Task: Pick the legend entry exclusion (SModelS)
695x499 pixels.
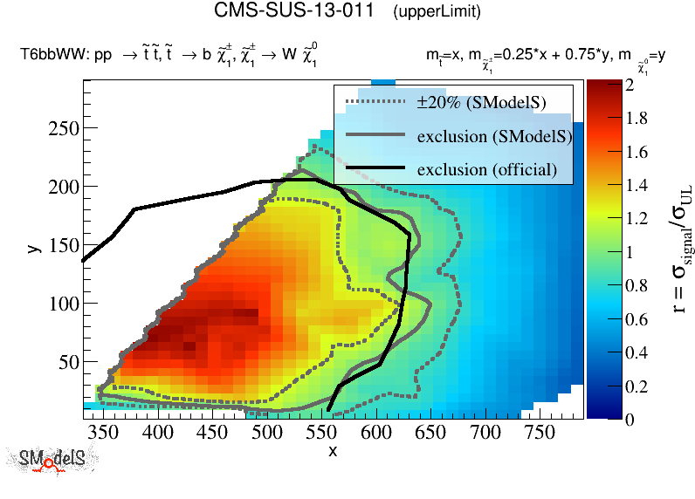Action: [x=494, y=136]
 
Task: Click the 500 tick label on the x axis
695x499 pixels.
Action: [x=267, y=431]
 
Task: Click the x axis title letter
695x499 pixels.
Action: [x=332, y=451]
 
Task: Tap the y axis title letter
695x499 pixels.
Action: [x=33, y=249]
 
